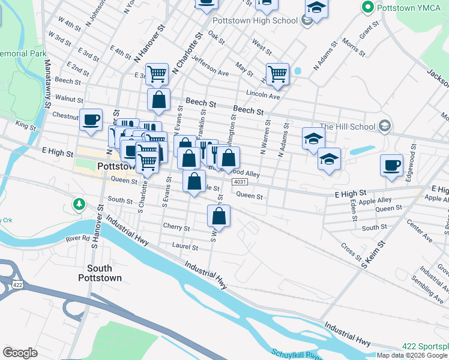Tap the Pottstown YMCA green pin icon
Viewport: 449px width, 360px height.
tap(367, 7)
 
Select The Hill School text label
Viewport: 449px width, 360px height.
tap(348, 126)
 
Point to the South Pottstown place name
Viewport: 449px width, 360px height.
tap(100, 273)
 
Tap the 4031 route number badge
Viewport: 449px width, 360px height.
tap(239, 182)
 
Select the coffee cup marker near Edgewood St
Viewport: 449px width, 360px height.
tap(391, 165)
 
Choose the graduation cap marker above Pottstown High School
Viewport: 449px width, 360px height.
tap(316, 8)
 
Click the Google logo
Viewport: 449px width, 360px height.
tap(20, 353)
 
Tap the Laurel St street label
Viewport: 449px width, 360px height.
tap(185, 247)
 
